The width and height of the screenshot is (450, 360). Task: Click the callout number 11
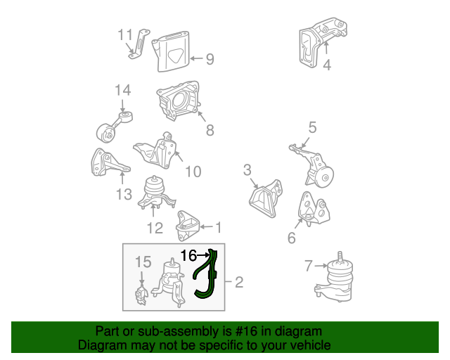point(125,35)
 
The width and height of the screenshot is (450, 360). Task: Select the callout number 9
point(210,59)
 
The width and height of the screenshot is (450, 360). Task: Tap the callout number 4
point(327,65)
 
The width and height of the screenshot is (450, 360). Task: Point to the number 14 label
point(123,90)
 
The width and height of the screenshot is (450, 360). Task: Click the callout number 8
point(210,130)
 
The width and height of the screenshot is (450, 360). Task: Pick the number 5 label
point(312,127)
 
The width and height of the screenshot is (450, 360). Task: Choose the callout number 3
point(247,170)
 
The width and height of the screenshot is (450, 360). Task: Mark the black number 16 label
point(188,255)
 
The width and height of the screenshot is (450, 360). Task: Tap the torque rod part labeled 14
point(114,127)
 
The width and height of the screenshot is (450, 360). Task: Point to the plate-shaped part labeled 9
point(171,51)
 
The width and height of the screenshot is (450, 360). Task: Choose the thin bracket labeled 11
point(139,44)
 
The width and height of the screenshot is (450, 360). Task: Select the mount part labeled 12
point(156,193)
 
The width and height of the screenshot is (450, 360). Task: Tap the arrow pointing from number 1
point(206,227)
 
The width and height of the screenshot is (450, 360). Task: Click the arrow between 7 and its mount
point(321,266)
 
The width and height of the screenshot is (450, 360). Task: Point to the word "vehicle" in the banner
point(313,345)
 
